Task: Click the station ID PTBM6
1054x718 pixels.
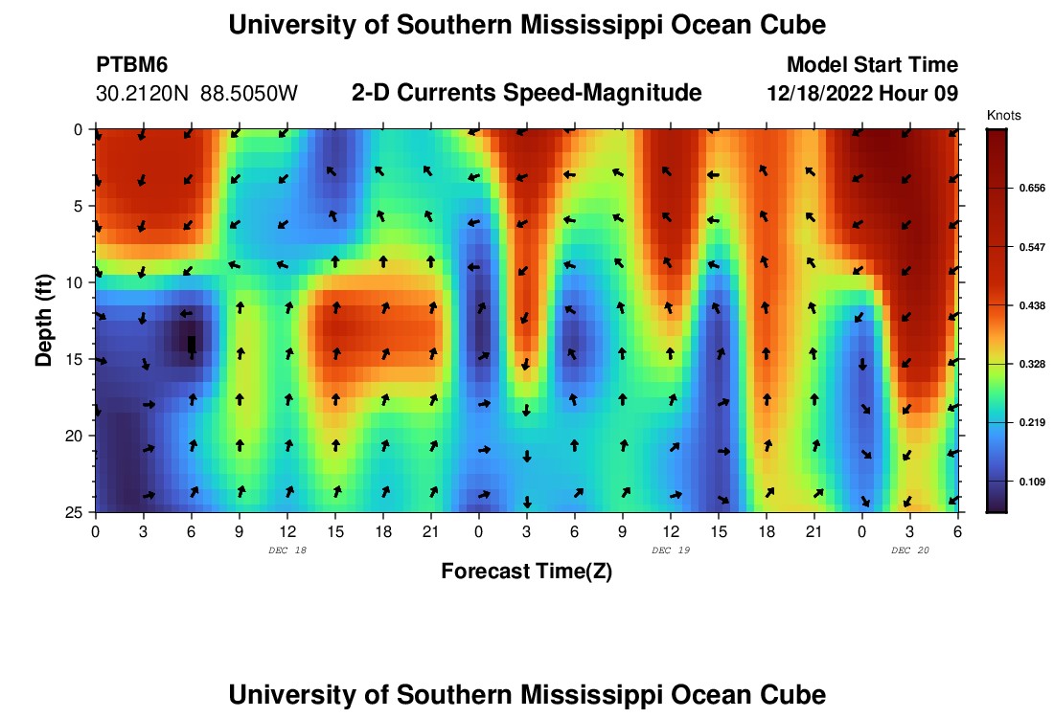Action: [x=124, y=65]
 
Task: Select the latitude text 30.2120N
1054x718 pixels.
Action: [x=143, y=94]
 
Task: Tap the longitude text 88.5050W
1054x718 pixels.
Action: [x=249, y=94]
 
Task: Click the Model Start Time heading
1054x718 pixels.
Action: [x=871, y=65]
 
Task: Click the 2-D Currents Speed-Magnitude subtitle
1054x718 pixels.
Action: [x=526, y=93]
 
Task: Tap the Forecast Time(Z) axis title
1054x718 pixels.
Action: [x=526, y=572]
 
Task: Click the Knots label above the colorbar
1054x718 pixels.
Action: [x=1003, y=116]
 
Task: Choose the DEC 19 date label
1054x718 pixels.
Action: [x=671, y=550]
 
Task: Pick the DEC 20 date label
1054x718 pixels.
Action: [x=910, y=550]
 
